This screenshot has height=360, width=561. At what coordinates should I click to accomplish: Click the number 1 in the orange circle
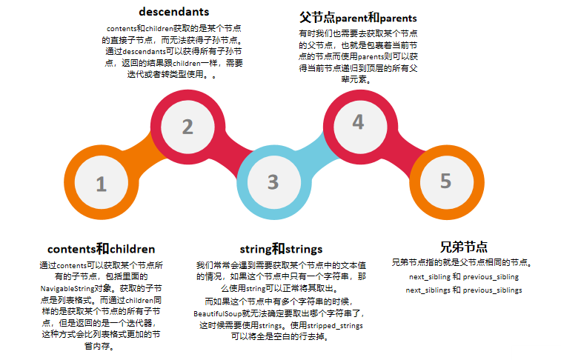[101, 184]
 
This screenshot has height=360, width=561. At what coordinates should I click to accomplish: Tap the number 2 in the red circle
[187, 127]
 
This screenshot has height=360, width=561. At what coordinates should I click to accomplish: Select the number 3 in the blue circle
[273, 181]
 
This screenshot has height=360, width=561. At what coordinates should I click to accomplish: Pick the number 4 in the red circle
[358, 122]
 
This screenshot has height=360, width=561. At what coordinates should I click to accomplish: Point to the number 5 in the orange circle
[445, 181]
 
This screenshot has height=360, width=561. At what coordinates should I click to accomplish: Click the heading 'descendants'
[174, 12]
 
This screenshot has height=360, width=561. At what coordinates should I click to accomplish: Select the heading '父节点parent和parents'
[358, 17]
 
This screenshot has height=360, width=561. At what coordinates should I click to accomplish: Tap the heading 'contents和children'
[101, 248]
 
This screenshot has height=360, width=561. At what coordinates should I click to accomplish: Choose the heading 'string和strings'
[281, 248]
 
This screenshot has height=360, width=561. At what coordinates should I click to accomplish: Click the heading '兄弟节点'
[463, 247]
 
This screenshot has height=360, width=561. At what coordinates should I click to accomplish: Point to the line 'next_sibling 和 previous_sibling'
[464, 276]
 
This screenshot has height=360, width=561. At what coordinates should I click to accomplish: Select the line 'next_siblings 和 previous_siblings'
[464, 290]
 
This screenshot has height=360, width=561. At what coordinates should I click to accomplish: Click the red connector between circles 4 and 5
[404, 151]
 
